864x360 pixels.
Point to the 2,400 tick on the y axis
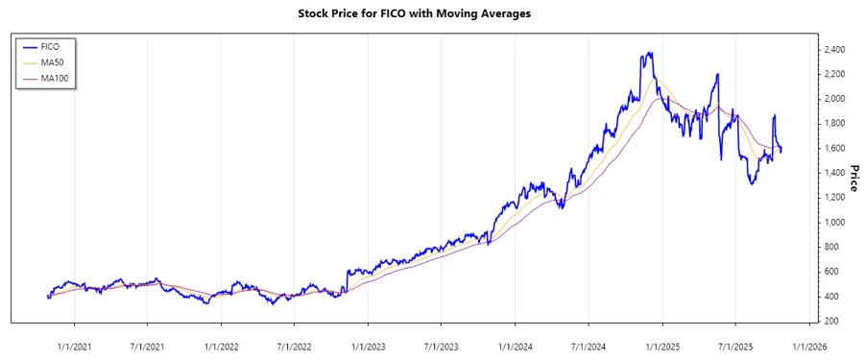[x=833, y=49]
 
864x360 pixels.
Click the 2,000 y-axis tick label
[x=833, y=98]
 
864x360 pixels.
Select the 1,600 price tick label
[x=833, y=148]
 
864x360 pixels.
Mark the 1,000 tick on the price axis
[x=833, y=222]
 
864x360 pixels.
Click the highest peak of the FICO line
[x=652, y=53]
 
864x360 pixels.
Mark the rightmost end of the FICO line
[x=780, y=150]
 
